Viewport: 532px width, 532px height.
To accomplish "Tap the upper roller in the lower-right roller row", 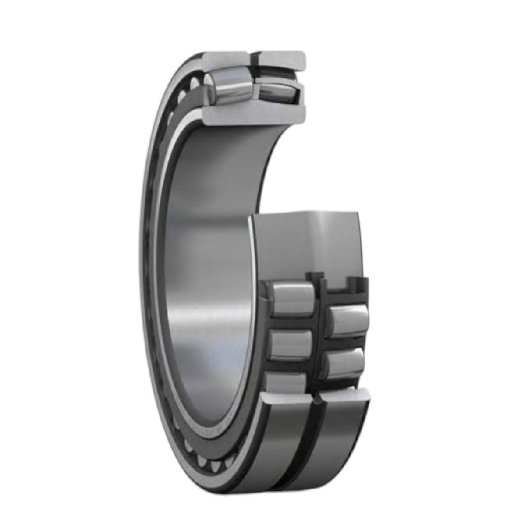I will pyautogui.click(x=348, y=319).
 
